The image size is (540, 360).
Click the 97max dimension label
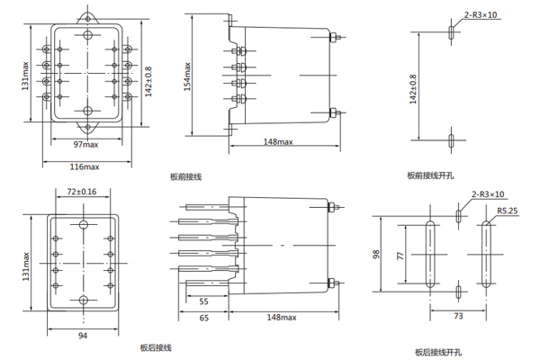pyautogui.click(x=85, y=144)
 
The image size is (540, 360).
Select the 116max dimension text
pyautogui.click(x=85, y=166)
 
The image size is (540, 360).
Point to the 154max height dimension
pyautogui.click(x=188, y=76)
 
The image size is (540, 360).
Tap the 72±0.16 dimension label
pyautogui.click(x=82, y=192)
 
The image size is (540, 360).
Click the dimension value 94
pyautogui.click(x=82, y=336)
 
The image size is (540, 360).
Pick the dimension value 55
pyautogui.click(x=204, y=301)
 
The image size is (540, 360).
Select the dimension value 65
pyautogui.click(x=204, y=318)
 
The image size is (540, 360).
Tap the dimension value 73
pyautogui.click(x=457, y=317)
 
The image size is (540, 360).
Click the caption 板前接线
pyautogui.click(x=185, y=177)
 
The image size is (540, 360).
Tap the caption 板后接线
pyautogui.click(x=155, y=347)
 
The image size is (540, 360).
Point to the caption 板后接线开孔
pyautogui.click(x=436, y=351)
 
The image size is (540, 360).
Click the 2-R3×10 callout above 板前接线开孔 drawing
pyautogui.click(x=481, y=15)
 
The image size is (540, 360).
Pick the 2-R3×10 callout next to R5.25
pyautogui.click(x=489, y=194)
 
